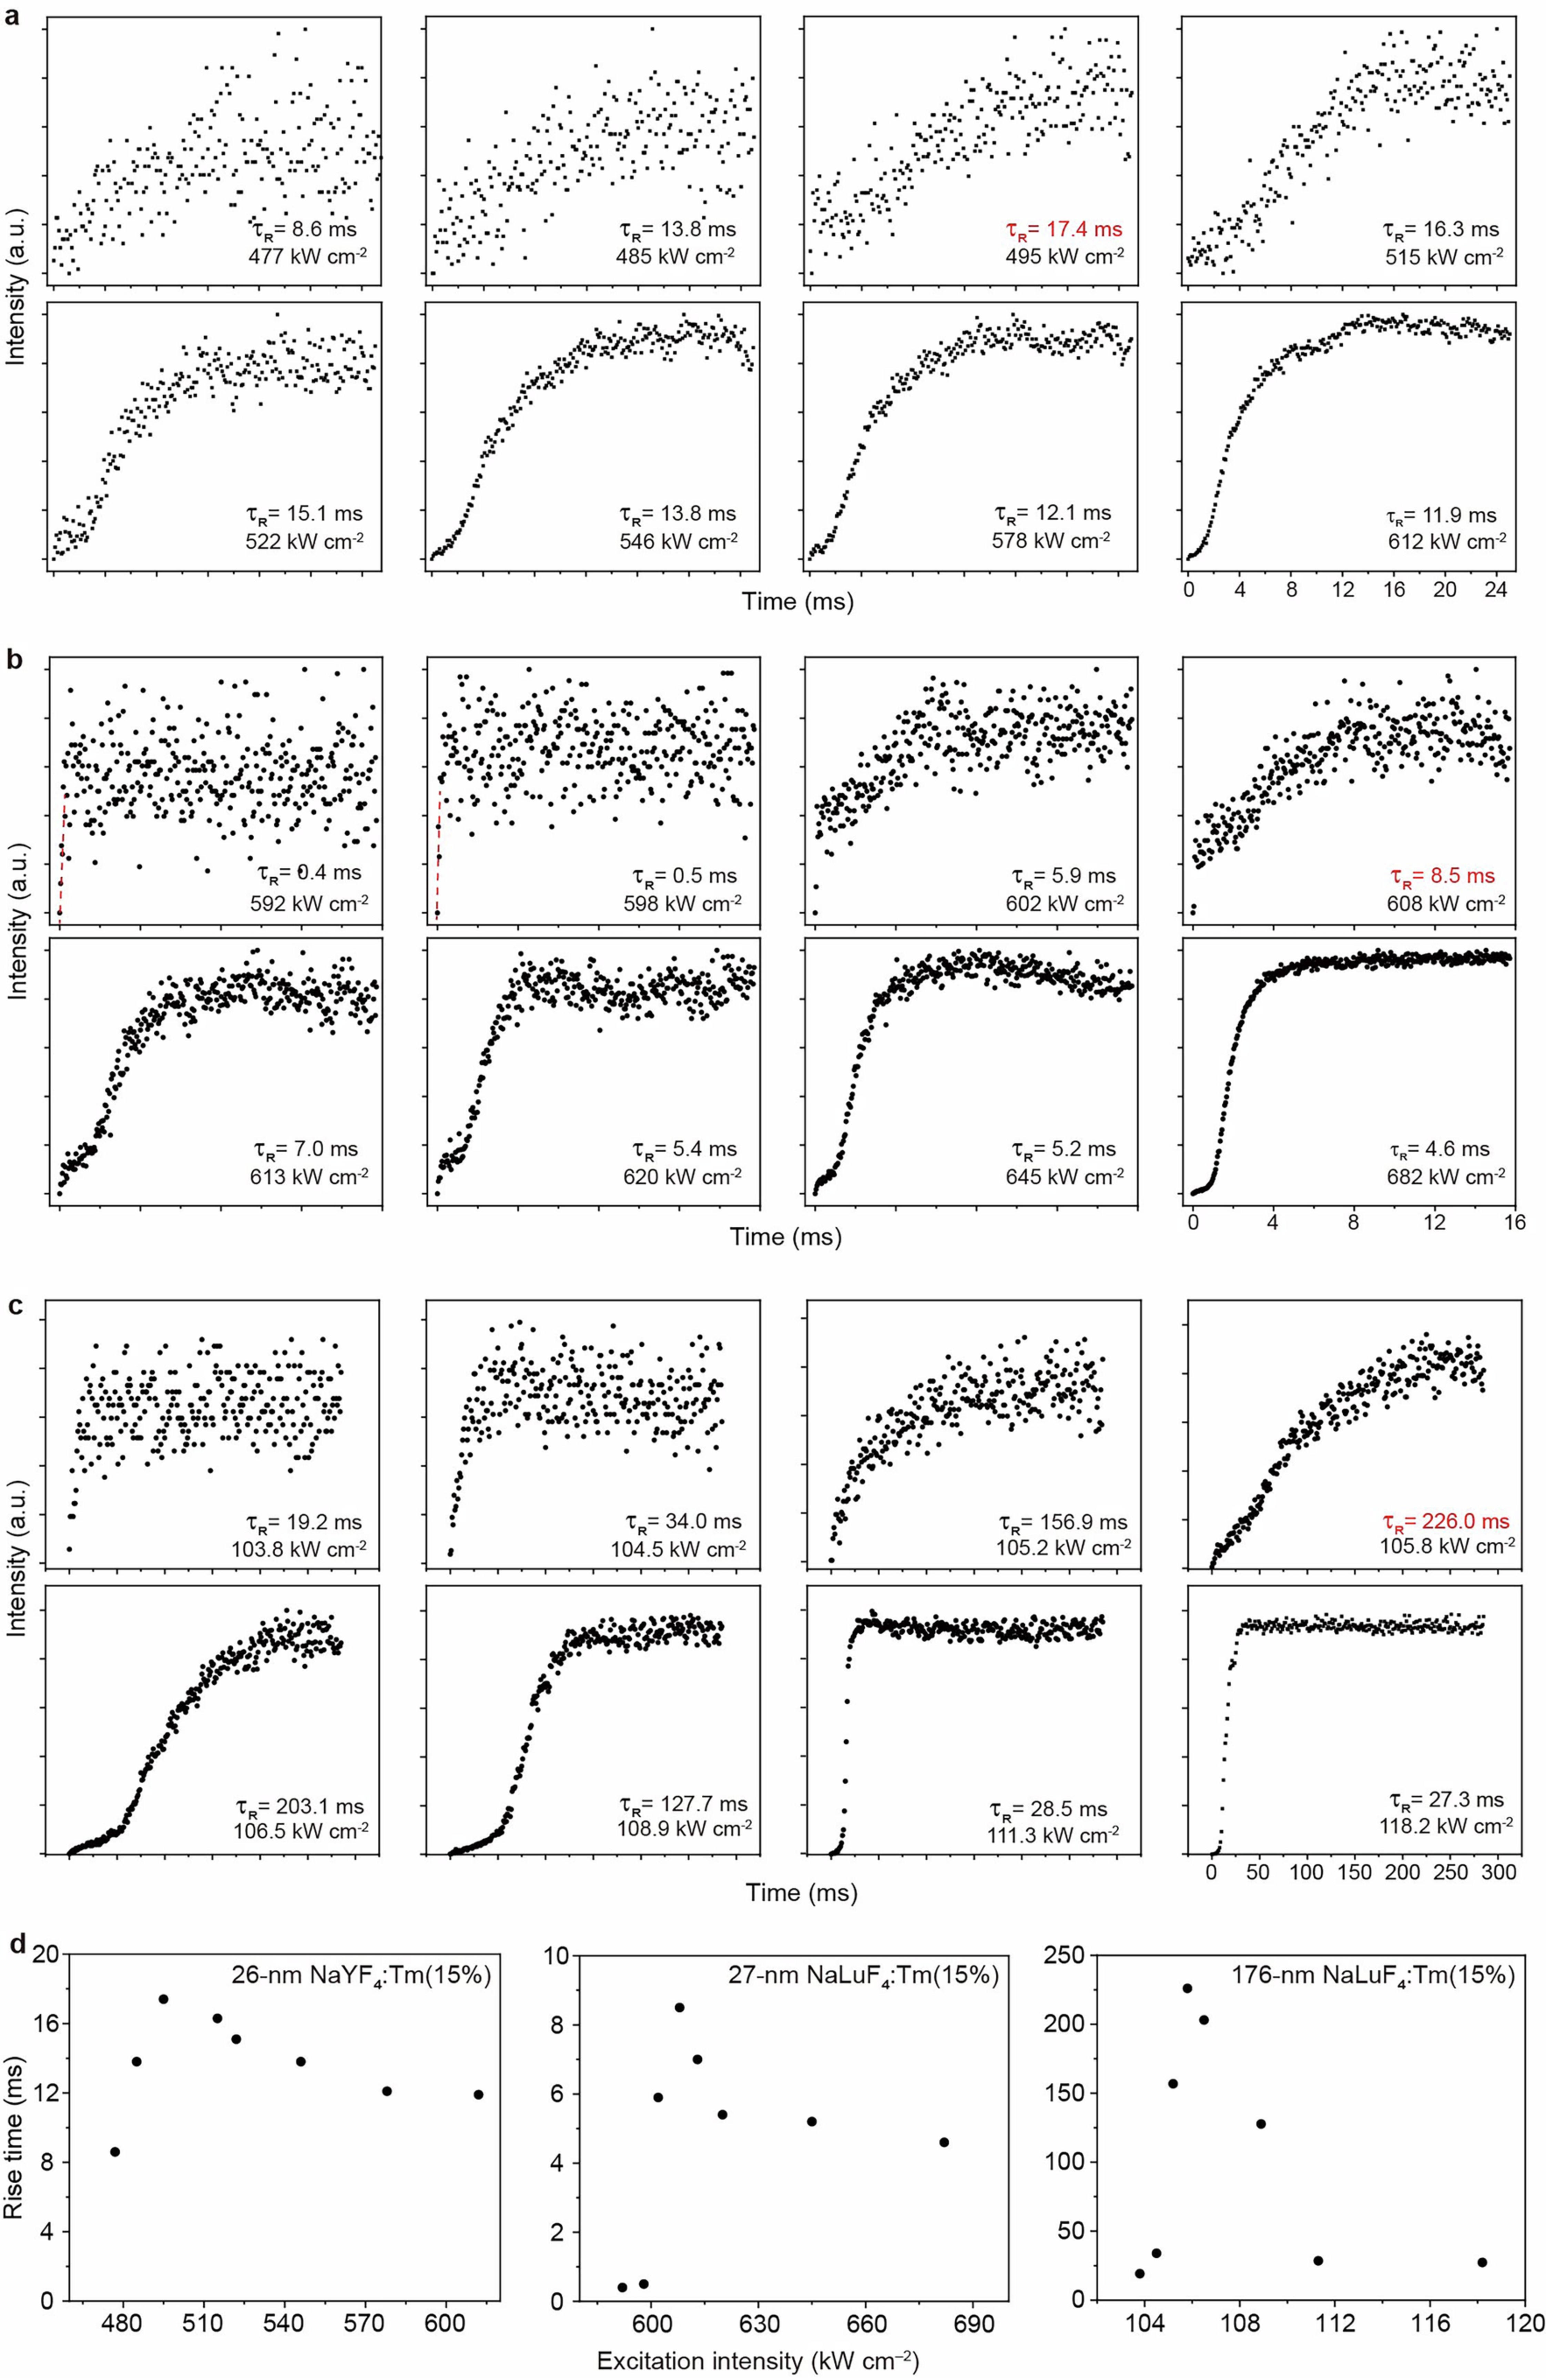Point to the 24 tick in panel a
1496,591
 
